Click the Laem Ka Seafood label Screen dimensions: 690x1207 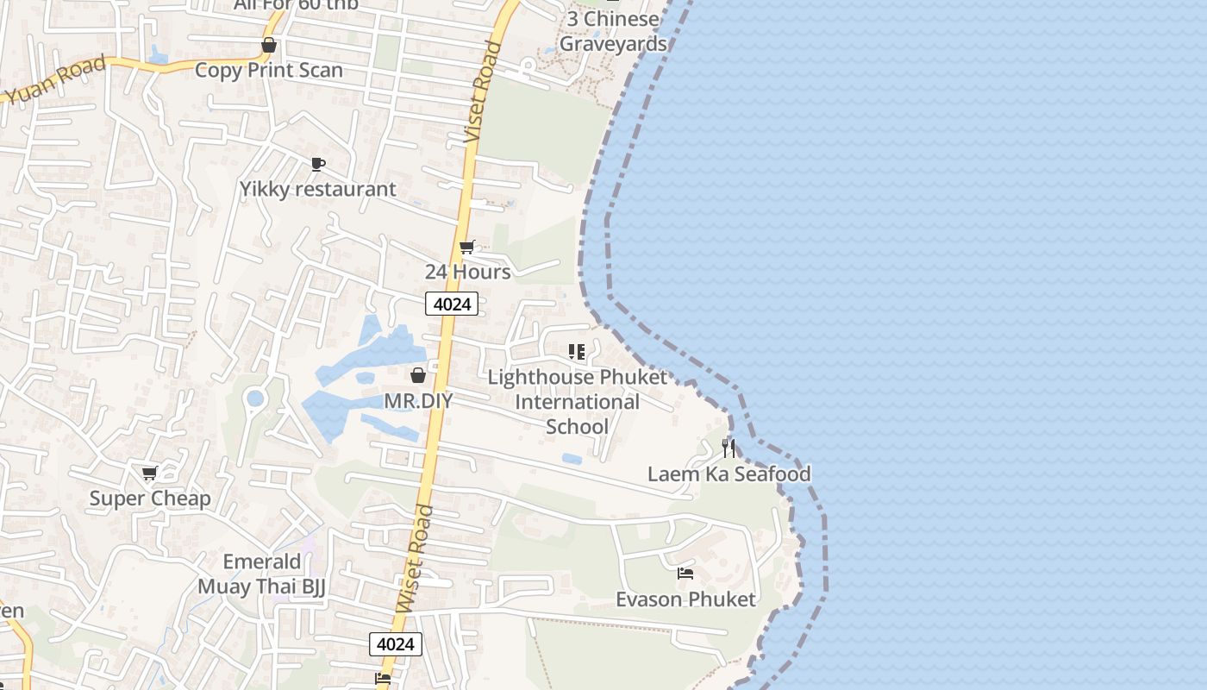click(729, 474)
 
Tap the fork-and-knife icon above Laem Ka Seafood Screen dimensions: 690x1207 click(729, 448)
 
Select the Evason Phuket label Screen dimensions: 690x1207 click(685, 599)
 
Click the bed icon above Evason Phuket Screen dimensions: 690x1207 click(685, 574)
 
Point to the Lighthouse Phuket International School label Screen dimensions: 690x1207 click(577, 402)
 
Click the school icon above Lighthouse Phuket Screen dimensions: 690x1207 click(577, 352)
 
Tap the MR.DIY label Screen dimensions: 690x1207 click(418, 400)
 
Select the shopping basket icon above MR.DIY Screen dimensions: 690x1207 click(418, 375)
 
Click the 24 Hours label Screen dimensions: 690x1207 click(467, 272)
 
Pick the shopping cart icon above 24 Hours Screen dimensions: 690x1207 click(467, 248)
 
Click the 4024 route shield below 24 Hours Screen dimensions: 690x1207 click(451, 304)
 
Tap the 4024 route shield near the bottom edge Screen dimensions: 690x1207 click(396, 643)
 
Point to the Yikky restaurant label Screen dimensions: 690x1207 click(318, 189)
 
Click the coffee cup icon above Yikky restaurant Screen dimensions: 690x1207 click(318, 164)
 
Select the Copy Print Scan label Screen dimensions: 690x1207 click(269, 70)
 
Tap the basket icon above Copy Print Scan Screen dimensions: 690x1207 click(269, 45)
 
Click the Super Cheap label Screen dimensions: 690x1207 click(150, 499)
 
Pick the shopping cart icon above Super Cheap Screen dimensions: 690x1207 click(150, 473)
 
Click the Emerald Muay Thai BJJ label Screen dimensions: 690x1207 click(262, 574)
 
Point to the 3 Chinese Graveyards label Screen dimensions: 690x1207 click(613, 31)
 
